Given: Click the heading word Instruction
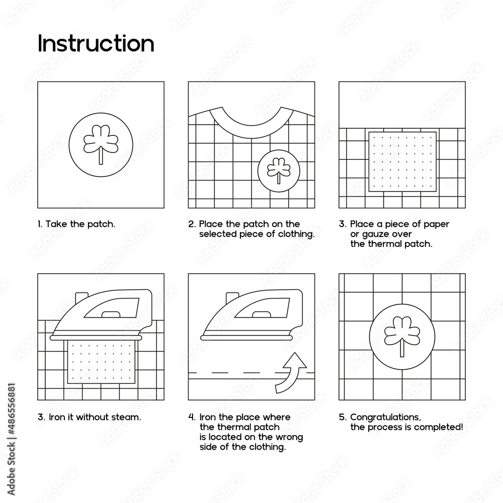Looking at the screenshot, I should click(x=96, y=44).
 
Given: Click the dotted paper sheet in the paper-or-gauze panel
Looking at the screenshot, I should click(x=402, y=161).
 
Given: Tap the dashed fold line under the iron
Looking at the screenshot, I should click(x=231, y=373).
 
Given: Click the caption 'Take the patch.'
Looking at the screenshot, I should click(x=76, y=224).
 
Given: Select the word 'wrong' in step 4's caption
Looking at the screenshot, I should click(x=291, y=437).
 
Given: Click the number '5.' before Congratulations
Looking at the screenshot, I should click(x=342, y=417).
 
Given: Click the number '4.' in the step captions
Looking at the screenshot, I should click(x=192, y=417).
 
